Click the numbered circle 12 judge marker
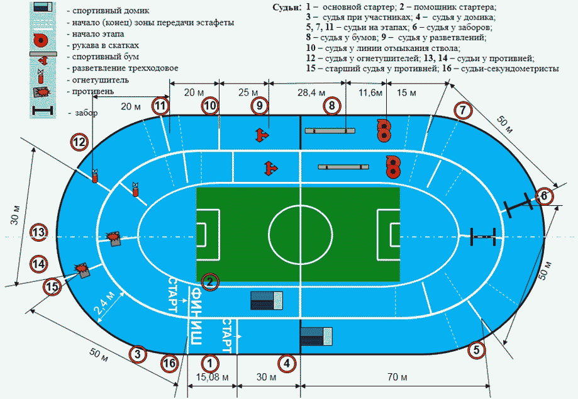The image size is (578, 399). tap(80, 142)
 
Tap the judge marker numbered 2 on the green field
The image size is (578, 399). tap(209, 283)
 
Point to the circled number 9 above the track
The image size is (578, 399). tap(260, 106)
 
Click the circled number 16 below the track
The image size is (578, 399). tap(169, 364)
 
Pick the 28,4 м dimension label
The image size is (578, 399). tap(311, 93)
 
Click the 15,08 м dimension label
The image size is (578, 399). tap(212, 378)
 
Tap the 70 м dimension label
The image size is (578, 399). tap(397, 377)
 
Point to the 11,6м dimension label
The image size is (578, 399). tap(370, 93)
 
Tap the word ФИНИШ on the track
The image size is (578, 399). tap(196, 316)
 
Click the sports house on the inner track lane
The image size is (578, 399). tap(267, 300)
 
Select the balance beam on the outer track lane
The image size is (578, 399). tap(330, 130)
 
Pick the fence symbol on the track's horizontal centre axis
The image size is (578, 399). tap(483, 237)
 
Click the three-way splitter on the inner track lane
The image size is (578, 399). tap(271, 168)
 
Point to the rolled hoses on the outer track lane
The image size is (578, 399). tap(384, 130)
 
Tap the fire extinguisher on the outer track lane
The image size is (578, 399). tap(95, 176)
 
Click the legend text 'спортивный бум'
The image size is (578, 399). tap(106, 57)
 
